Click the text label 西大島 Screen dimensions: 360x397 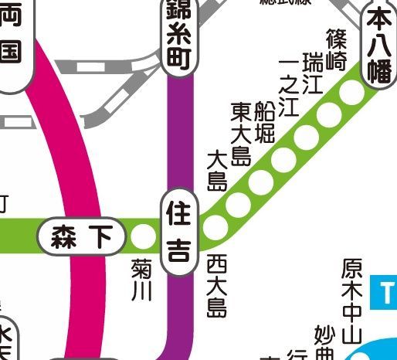(216, 287)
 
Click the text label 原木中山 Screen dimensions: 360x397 (351, 301)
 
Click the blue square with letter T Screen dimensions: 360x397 (385, 292)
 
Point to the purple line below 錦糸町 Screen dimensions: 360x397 (178, 131)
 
